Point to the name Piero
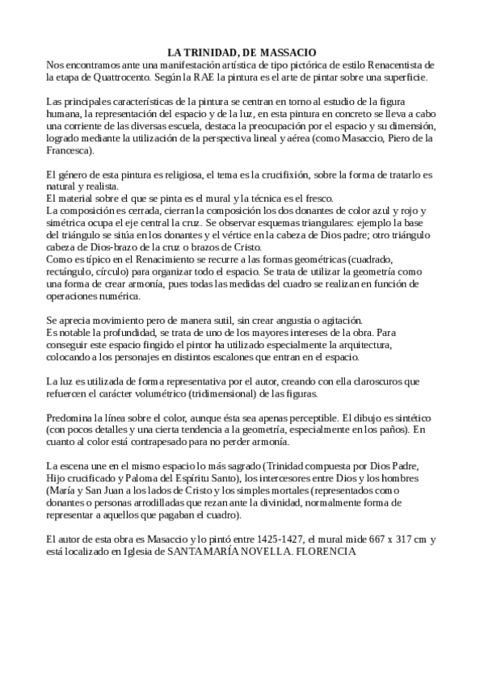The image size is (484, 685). point(390,138)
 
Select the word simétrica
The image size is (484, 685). point(68,223)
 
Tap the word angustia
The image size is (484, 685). point(271,319)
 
